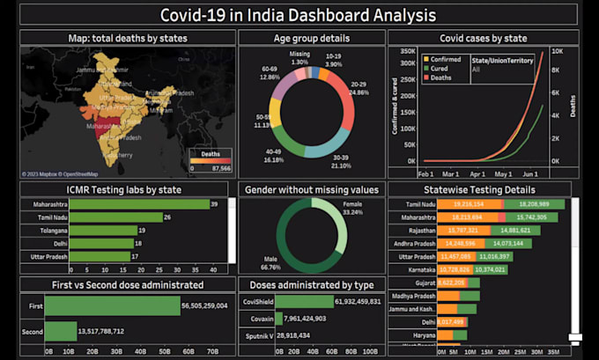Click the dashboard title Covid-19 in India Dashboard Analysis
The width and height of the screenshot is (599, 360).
(299, 15)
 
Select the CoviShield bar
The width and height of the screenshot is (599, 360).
(321, 301)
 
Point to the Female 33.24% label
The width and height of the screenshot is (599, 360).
(351, 208)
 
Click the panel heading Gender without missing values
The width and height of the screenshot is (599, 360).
(312, 189)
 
